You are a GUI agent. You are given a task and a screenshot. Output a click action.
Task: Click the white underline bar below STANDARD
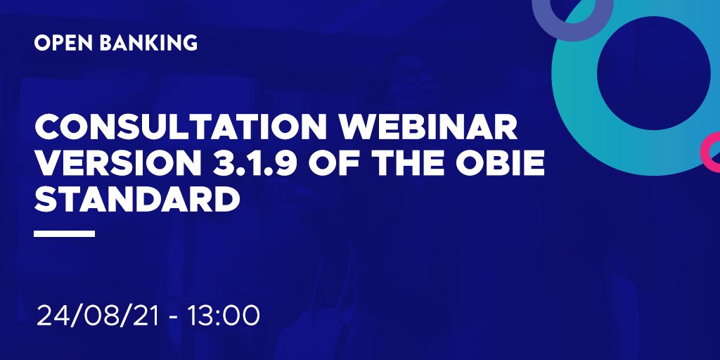[64, 233]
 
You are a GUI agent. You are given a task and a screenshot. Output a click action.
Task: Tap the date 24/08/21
[101, 314]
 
